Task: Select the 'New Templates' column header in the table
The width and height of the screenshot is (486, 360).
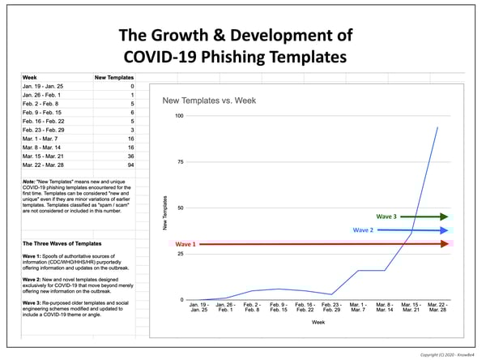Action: click(x=113, y=77)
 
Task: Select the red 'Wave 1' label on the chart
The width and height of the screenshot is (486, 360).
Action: click(x=186, y=243)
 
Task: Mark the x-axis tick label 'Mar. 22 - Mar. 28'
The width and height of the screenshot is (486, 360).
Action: click(x=437, y=308)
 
